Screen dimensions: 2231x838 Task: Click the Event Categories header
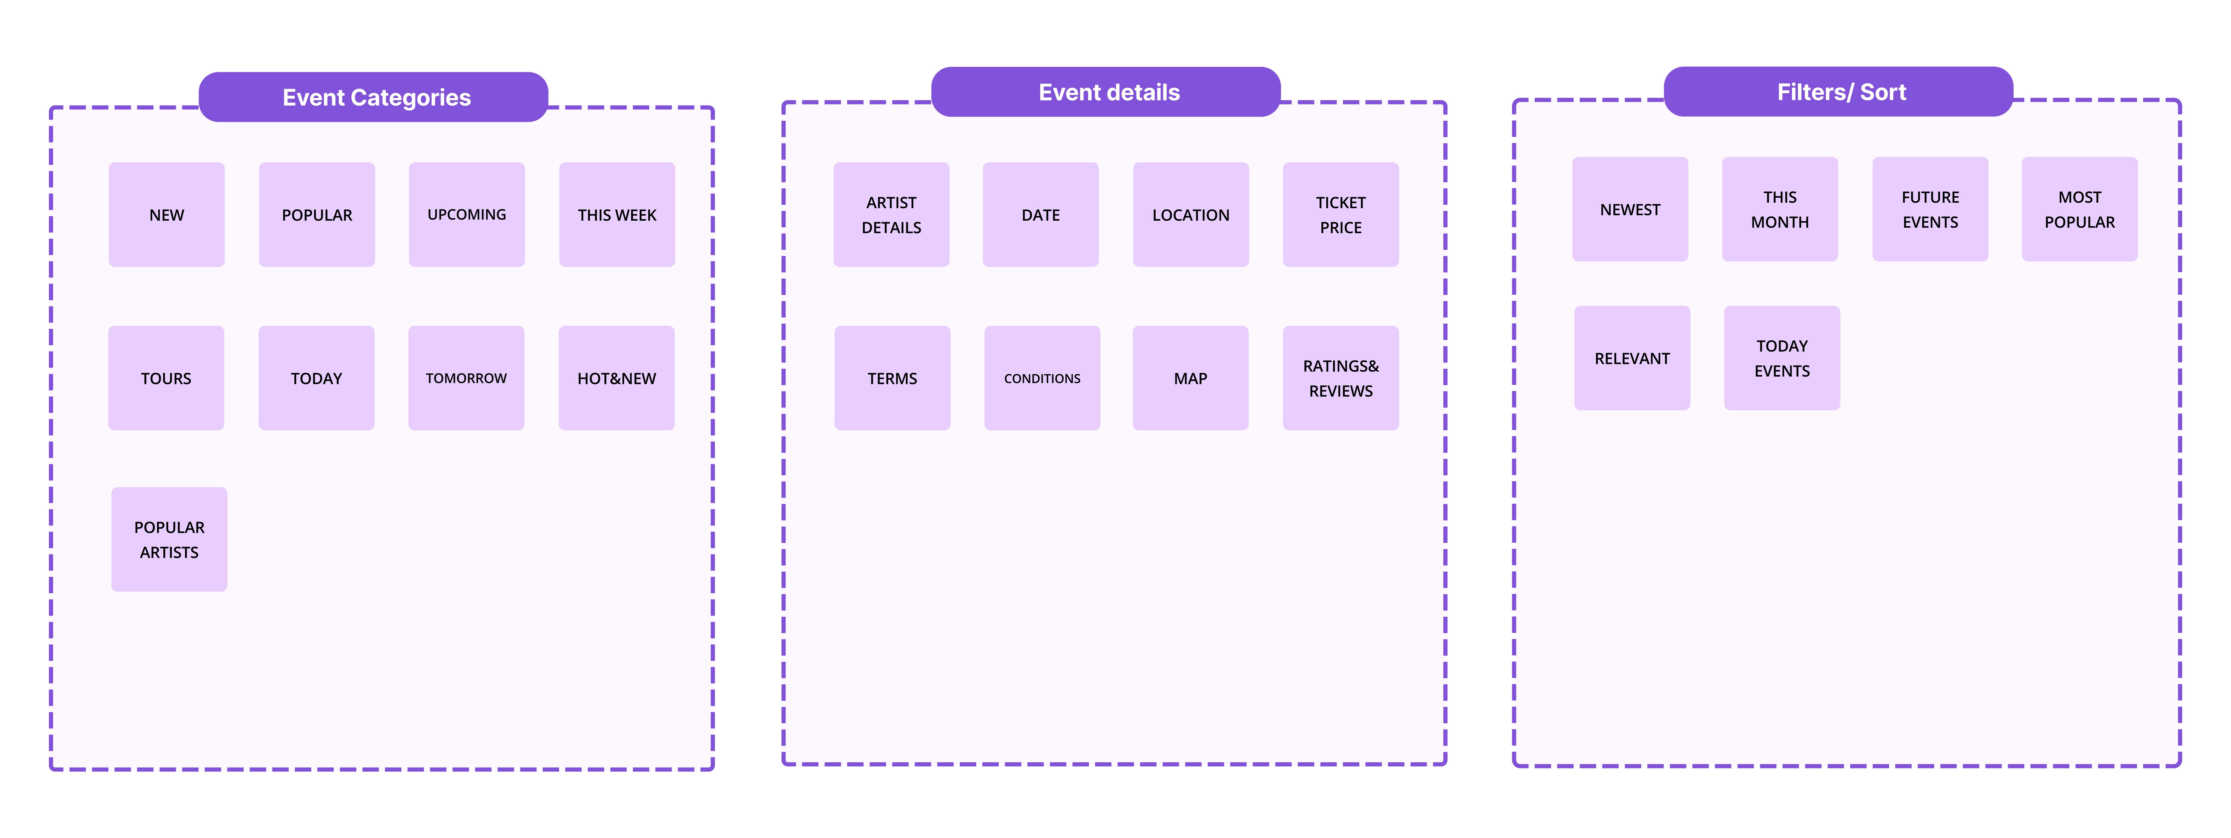[x=373, y=97]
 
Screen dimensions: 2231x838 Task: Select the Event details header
[x=1106, y=92]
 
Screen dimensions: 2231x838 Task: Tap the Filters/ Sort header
[x=1839, y=92]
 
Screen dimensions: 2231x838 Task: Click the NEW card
[x=166, y=215]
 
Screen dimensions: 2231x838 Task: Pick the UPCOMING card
[x=467, y=215]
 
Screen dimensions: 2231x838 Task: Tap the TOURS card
[x=166, y=378]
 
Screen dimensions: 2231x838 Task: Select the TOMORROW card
[x=466, y=378]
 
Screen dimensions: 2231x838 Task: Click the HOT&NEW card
[x=617, y=378]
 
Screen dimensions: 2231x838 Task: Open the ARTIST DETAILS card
[x=891, y=215]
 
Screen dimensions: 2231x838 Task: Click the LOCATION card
[x=1191, y=215]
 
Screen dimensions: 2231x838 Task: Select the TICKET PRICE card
[x=1341, y=215]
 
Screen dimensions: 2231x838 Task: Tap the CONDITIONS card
[x=1042, y=378]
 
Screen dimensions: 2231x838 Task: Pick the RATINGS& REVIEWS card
[x=1341, y=378]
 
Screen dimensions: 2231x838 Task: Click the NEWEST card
[x=1630, y=209]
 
